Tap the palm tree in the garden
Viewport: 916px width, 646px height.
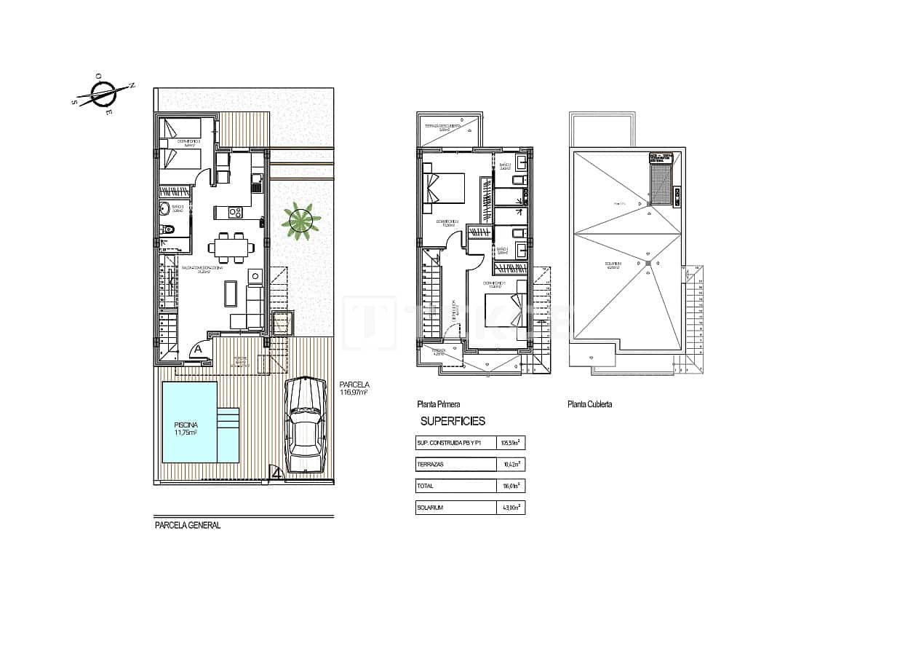(x=300, y=220)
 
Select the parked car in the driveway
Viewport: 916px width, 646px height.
(x=306, y=425)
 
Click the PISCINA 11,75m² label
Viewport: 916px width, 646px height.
(x=186, y=428)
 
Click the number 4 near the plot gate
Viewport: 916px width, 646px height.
(x=276, y=473)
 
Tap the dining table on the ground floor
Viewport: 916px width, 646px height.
(x=231, y=247)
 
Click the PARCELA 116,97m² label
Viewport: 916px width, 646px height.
(x=354, y=389)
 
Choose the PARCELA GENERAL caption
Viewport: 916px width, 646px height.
(x=188, y=525)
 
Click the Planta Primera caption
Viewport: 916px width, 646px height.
(x=438, y=404)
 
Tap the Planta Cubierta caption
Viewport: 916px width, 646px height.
(x=589, y=404)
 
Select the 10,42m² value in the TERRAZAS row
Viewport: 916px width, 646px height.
(x=510, y=464)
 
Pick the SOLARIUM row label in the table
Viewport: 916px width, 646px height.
(x=430, y=507)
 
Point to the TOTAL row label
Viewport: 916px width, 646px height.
(x=425, y=486)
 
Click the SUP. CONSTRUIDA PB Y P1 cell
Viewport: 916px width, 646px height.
(x=449, y=442)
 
